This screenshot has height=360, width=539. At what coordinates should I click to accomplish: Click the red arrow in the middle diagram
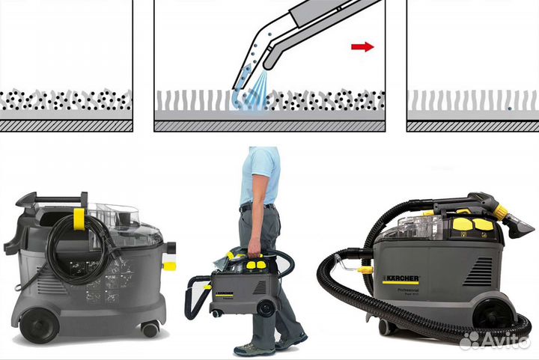(362, 47)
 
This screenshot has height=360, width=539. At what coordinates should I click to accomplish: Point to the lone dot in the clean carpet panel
(509, 109)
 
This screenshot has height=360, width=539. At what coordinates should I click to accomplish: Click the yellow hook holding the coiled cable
(79, 219)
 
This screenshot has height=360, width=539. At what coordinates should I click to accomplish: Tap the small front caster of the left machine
(150, 329)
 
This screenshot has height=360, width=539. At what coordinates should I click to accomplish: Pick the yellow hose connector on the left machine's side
(169, 265)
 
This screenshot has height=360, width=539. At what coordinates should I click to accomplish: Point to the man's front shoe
(254, 349)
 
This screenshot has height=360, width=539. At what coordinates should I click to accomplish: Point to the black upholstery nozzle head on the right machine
(517, 224)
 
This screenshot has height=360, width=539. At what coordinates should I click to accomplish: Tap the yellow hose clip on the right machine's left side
(365, 269)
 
